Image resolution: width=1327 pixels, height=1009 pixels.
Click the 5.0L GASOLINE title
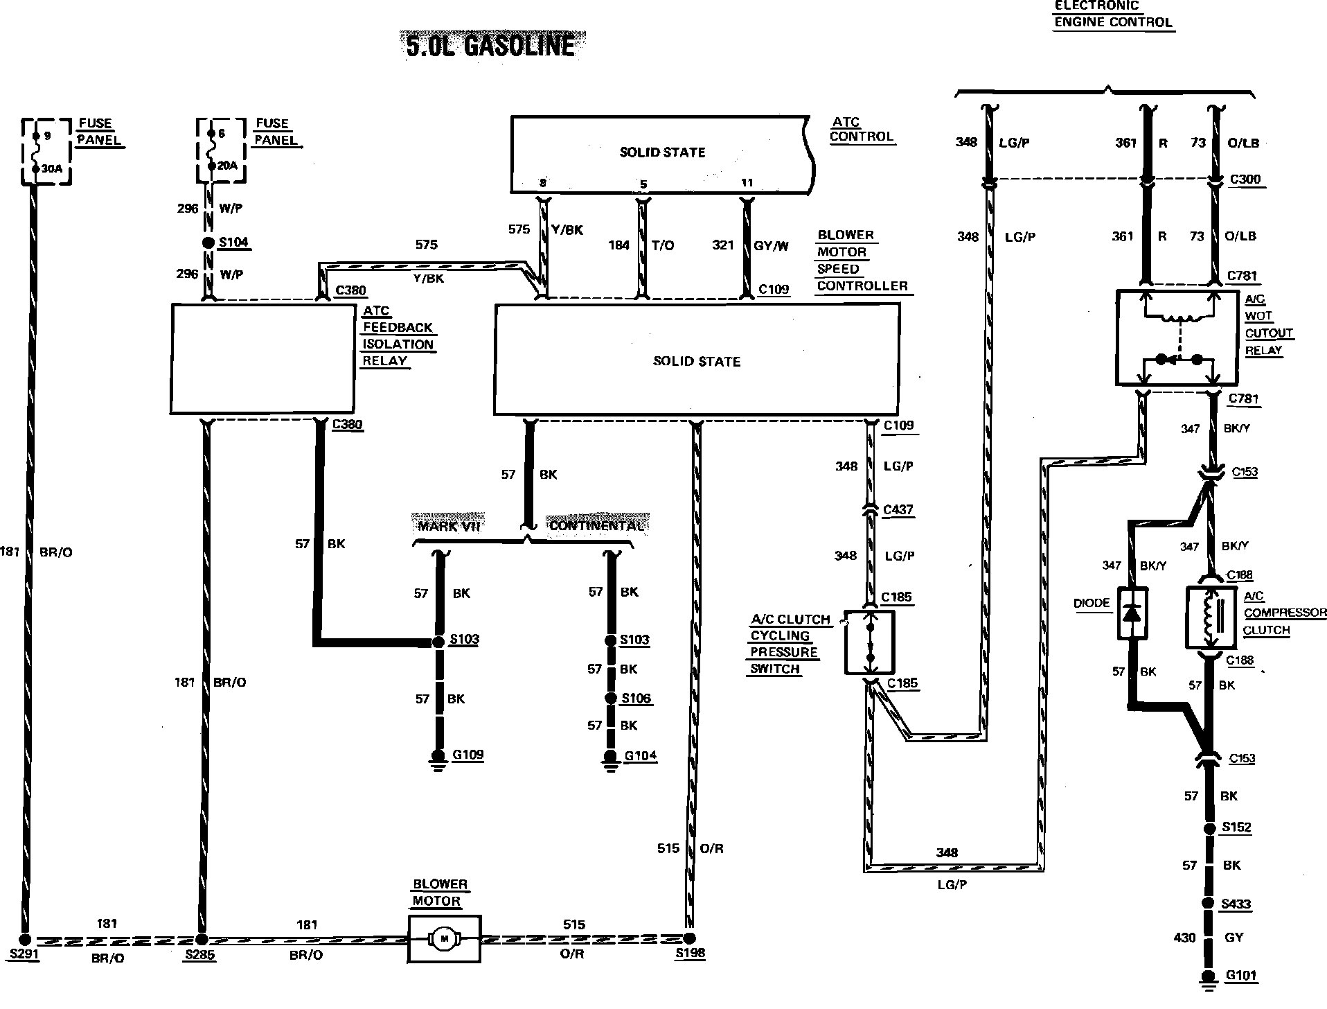click(x=490, y=46)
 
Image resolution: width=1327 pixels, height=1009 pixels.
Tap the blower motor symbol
click(x=444, y=938)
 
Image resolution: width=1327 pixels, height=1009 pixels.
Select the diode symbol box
click(x=1132, y=613)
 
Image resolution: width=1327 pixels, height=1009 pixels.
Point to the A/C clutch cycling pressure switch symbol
click(x=870, y=642)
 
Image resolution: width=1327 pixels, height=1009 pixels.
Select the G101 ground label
click(x=1240, y=976)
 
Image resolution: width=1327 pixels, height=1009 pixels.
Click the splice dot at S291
click(x=25, y=940)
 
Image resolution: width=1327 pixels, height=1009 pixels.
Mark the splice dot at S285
click(x=202, y=940)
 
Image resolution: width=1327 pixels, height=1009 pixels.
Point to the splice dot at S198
click(x=689, y=938)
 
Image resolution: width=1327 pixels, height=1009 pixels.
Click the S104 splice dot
click(x=208, y=243)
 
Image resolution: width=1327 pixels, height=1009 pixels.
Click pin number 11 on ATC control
click(x=747, y=183)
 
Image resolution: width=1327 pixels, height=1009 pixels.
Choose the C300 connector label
click(x=1245, y=179)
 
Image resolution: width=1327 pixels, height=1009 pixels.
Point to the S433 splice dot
click(x=1209, y=903)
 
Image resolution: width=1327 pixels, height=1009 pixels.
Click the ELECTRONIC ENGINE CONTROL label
click(x=1112, y=14)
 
